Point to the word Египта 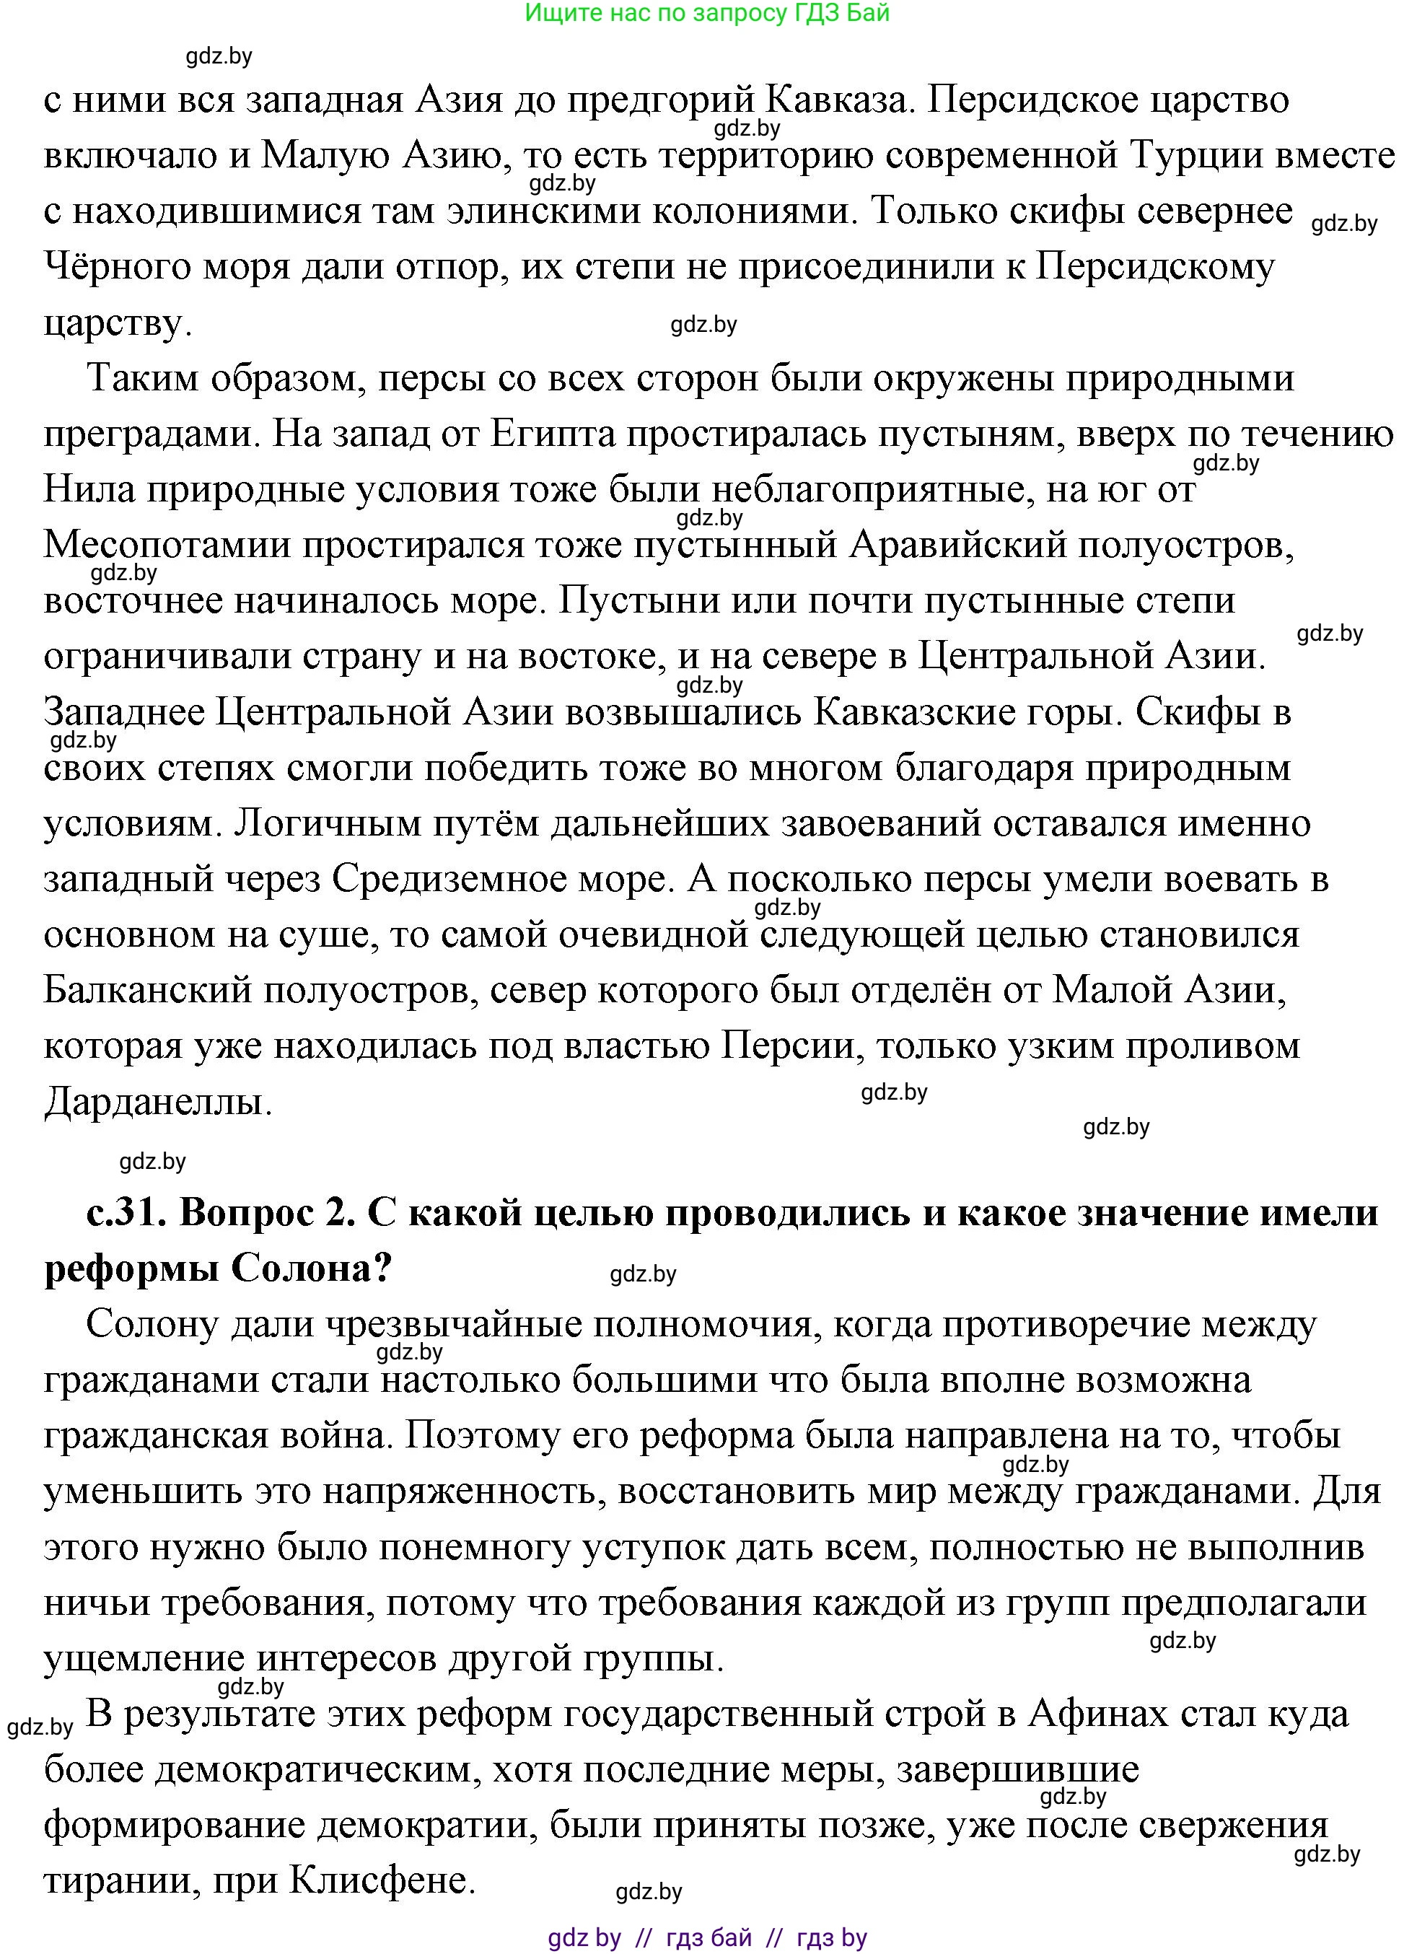tap(553, 434)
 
